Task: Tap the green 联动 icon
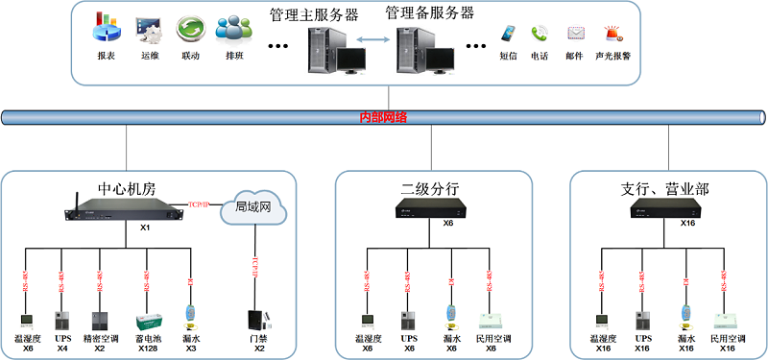pos(190,30)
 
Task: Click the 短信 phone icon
pos(508,35)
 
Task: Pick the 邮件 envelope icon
pos(575,34)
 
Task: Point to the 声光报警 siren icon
pos(612,34)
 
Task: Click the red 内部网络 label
pos(383,117)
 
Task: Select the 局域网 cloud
pos(253,207)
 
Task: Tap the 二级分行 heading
pos(430,188)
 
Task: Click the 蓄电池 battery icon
pos(147,321)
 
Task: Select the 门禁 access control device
pos(255,320)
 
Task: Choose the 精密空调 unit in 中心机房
pos(100,321)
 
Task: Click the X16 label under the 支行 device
pos(687,223)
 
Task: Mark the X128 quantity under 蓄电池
pos(147,348)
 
